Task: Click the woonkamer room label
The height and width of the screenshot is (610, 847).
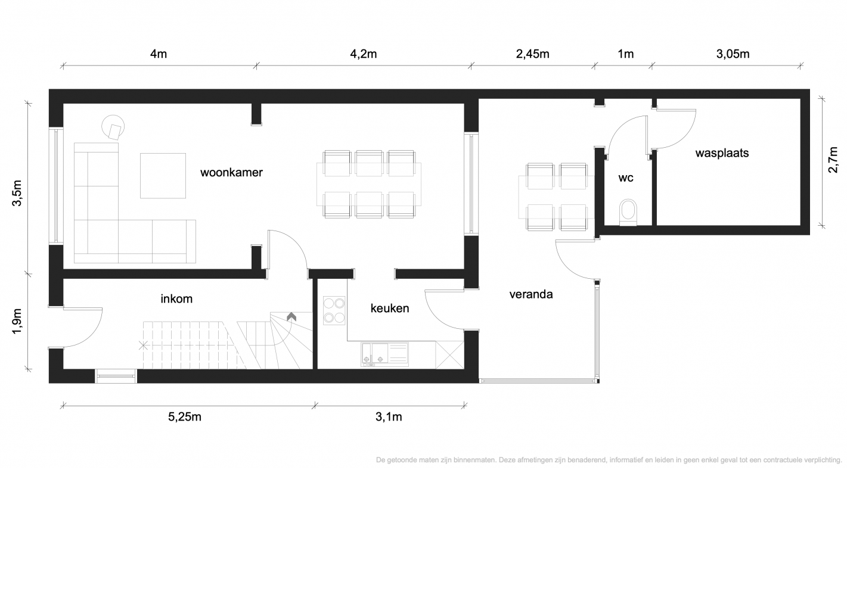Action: coord(231,172)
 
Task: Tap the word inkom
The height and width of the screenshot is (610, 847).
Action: coord(176,298)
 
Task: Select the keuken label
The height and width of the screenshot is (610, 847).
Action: coord(390,308)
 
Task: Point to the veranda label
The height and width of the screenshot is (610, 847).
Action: coord(531,294)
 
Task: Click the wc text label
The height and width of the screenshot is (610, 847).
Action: coord(626,178)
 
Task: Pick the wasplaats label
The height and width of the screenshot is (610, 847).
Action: coord(722,153)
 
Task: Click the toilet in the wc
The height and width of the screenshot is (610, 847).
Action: coord(628,213)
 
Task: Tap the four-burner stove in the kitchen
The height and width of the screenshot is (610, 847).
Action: coord(334,311)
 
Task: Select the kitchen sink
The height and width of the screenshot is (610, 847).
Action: coord(384,354)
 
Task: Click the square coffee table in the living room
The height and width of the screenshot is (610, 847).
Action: coord(163,176)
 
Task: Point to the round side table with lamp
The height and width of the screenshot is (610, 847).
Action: coord(113,127)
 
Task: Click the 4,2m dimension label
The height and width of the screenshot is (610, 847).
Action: coord(364,54)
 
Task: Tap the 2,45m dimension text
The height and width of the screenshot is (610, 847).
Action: coord(532,54)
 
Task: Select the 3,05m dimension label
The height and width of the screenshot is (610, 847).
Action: coord(733,54)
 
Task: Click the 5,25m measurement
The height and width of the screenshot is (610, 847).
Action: coord(185,417)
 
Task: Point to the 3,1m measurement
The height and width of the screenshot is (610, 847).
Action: coord(389,417)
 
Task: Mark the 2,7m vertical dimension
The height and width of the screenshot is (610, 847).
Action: coord(833,160)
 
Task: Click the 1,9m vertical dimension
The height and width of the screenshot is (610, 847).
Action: coord(17,321)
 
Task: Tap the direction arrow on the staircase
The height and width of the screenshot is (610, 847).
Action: coord(291,317)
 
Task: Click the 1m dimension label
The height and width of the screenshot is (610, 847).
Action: coord(625,54)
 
